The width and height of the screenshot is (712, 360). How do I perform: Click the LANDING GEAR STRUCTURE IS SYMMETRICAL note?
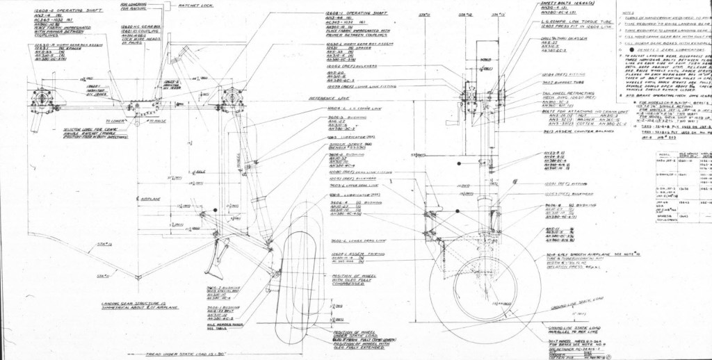[132, 306]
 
